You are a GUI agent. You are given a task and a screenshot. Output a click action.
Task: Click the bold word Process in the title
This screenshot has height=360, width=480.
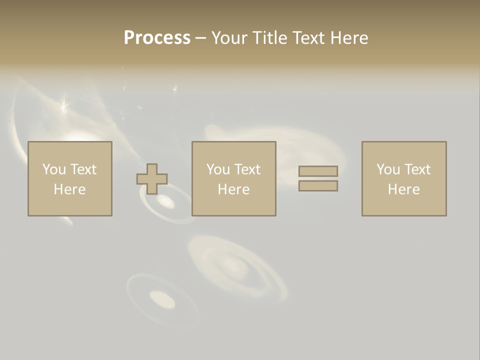(157, 38)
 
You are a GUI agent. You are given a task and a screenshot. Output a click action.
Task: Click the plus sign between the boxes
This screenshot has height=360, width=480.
(152, 179)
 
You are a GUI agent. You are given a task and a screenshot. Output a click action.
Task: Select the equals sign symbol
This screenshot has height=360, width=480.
(318, 178)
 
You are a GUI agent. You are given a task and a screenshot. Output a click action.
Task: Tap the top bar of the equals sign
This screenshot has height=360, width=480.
(318, 171)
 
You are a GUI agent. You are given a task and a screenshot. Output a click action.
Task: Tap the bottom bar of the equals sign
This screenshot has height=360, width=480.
(318, 186)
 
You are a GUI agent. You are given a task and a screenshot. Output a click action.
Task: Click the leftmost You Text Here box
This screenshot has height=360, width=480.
(70, 178)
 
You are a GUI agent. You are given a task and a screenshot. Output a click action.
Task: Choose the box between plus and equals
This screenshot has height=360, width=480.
(234, 178)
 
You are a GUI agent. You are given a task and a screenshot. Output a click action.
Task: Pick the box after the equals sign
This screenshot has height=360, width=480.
(404, 178)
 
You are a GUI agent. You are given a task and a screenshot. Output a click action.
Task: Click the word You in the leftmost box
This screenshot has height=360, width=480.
(54, 169)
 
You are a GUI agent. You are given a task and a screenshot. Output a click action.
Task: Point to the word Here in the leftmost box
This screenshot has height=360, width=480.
(70, 189)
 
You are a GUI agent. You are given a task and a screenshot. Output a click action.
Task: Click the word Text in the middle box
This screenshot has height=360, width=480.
(247, 169)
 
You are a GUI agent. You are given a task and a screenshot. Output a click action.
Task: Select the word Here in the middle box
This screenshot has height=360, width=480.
(234, 189)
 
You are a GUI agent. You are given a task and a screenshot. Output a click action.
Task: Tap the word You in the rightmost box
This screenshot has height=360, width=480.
(388, 169)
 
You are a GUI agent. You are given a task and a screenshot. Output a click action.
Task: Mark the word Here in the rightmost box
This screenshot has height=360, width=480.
(404, 189)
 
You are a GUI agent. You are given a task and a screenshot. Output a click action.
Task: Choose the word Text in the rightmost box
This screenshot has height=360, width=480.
(417, 169)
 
